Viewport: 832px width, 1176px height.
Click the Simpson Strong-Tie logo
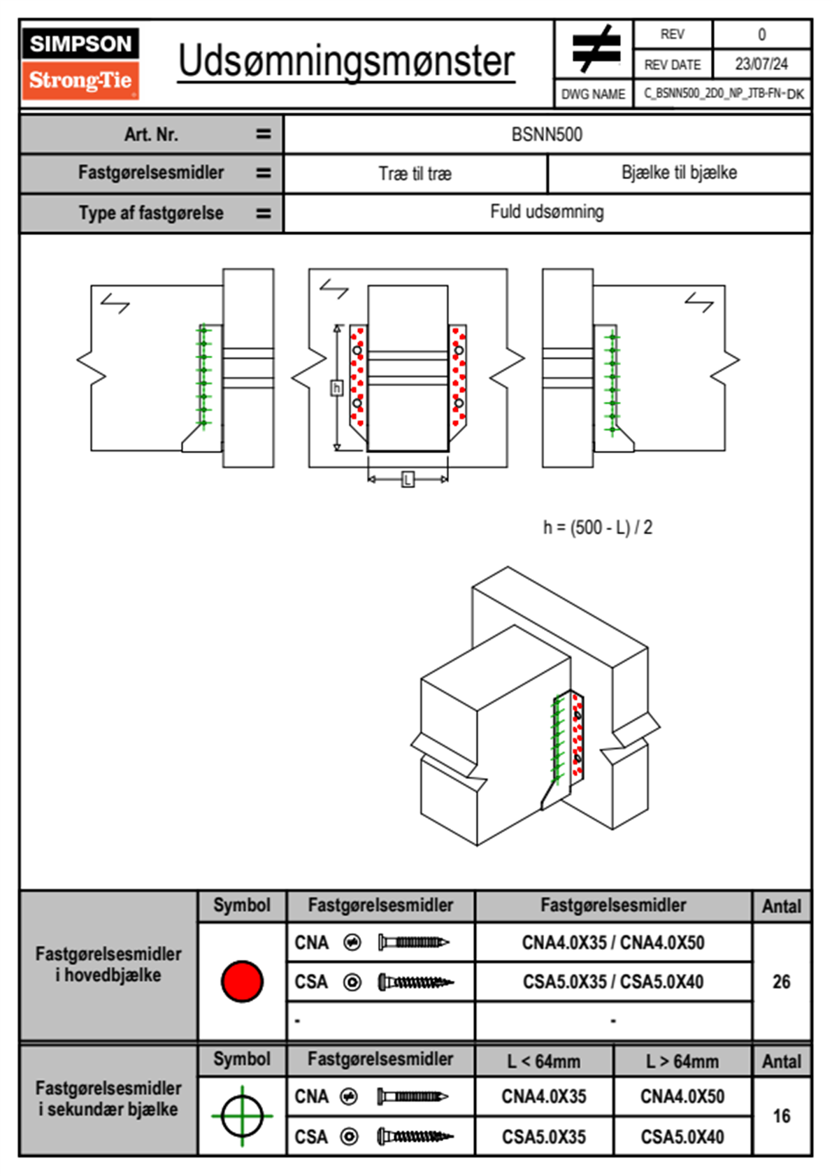[80, 63]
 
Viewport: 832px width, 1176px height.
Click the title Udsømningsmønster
[346, 62]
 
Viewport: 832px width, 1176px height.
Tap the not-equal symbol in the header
[595, 49]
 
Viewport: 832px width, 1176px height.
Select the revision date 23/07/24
[761, 64]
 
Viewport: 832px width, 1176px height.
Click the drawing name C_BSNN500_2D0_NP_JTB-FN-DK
[723, 94]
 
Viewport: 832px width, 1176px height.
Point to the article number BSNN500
[547, 135]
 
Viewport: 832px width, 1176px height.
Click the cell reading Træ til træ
[415, 173]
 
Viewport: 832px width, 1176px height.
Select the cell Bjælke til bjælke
[679, 173]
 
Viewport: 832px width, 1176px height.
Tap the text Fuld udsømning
[547, 212]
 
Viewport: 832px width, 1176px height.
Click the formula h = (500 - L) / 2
[598, 527]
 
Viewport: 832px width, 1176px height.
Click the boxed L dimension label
[408, 480]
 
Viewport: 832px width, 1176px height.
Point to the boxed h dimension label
[336, 387]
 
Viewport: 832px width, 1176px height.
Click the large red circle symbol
[242, 981]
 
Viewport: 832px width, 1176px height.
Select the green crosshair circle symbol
[242, 1116]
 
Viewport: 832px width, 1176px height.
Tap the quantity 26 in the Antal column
[781, 982]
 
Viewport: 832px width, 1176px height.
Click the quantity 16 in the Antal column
[781, 1116]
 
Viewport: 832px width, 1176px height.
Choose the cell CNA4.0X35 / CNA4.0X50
[613, 942]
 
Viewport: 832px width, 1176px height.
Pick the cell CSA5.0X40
[682, 1137]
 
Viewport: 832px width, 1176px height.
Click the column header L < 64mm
[544, 1061]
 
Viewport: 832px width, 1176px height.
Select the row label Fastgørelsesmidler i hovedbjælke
[108, 964]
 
